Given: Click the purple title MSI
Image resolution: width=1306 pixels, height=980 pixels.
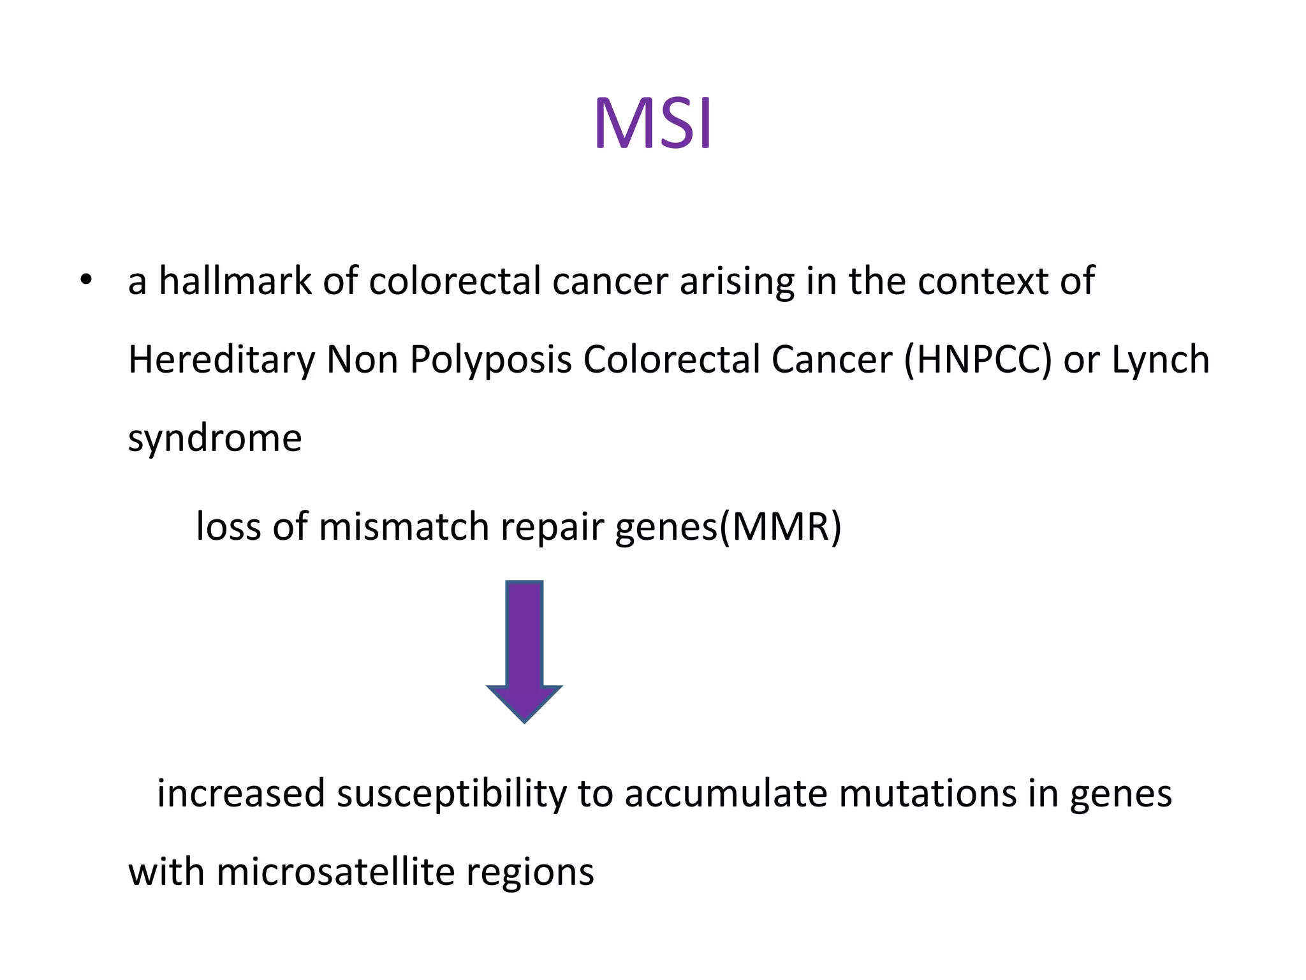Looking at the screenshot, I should (x=652, y=124).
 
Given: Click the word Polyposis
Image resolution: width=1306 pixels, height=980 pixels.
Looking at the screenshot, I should (x=490, y=360).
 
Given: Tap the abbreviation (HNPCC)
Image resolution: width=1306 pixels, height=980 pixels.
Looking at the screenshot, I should (x=977, y=360).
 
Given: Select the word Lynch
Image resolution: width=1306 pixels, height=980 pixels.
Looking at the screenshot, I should (x=1160, y=360).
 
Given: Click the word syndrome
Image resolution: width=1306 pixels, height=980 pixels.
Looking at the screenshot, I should (x=215, y=439).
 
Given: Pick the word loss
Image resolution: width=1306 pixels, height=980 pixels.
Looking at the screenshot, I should (x=228, y=527).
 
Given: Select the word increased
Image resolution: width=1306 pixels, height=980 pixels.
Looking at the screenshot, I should (x=241, y=794).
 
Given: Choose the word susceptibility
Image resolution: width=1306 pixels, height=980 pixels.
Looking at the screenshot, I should (x=451, y=795).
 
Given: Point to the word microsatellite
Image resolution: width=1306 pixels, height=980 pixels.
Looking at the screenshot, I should (x=335, y=872).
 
